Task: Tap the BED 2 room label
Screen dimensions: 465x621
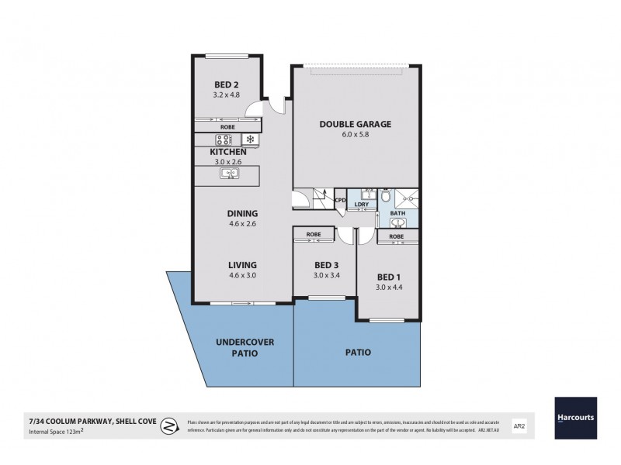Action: (227, 85)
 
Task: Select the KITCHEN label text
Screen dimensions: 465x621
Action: (227, 153)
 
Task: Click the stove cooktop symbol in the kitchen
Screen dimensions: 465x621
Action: (225, 139)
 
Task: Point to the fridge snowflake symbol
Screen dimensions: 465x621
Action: (250, 139)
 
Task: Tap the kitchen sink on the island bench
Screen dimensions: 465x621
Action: (231, 174)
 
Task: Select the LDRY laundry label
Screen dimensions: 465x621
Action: (361, 205)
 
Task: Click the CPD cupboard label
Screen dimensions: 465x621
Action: (339, 201)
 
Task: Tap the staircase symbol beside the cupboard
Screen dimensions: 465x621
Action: (321, 198)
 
